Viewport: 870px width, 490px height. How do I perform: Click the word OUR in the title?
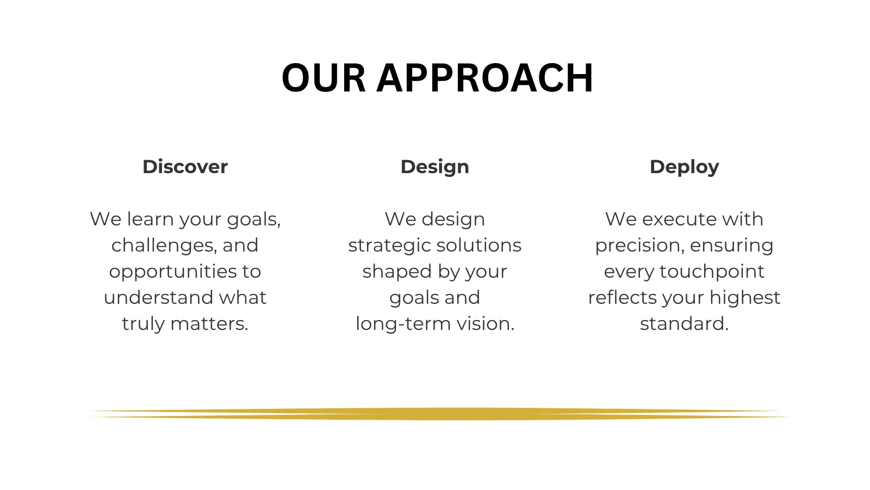tap(324, 78)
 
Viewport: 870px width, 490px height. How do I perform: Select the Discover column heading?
tap(185, 167)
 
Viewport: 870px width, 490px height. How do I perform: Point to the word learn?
tap(150, 219)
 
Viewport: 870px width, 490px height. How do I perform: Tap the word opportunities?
tap(172, 272)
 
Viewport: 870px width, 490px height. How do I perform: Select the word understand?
tap(158, 297)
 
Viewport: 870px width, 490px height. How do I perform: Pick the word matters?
tap(209, 324)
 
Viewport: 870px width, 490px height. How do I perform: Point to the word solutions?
tap(479, 246)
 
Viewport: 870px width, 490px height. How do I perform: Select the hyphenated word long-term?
tap(403, 324)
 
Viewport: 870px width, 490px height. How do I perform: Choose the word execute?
tap(679, 219)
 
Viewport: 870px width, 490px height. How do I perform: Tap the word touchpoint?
tap(712, 272)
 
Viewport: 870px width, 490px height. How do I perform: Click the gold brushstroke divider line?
tap(439, 414)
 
